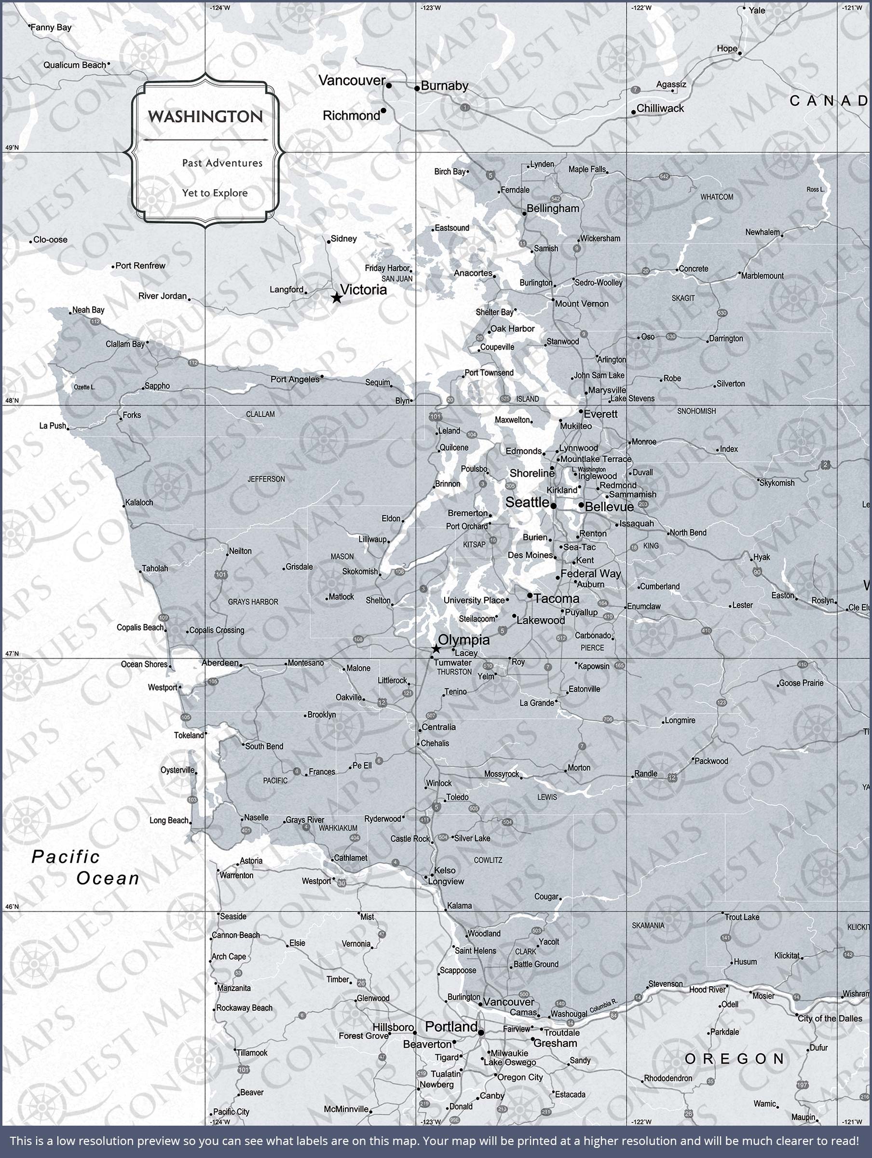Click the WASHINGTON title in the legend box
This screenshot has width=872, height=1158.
click(x=205, y=116)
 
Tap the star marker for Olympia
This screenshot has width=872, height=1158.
click(x=436, y=649)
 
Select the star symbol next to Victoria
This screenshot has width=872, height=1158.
click(x=337, y=298)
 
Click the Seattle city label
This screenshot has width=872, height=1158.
click(x=527, y=503)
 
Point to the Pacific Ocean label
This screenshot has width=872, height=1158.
click(x=85, y=868)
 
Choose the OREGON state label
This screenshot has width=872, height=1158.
click(x=735, y=1059)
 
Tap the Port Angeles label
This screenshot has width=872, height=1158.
click(x=295, y=379)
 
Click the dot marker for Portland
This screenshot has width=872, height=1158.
click(x=481, y=1033)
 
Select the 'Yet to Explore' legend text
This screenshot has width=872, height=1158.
click(x=215, y=193)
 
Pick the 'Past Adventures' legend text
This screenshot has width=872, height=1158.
click(x=222, y=163)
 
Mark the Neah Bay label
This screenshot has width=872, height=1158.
click(x=88, y=310)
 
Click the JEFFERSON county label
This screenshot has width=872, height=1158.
click(x=266, y=479)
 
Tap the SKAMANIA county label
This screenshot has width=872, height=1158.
click(x=648, y=925)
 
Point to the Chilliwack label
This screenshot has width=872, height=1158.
click(x=660, y=109)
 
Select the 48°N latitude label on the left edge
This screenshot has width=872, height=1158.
click(x=12, y=400)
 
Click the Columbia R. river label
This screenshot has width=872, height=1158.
click(x=603, y=1006)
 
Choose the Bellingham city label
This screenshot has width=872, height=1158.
click(x=553, y=208)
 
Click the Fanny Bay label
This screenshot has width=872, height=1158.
click(x=51, y=27)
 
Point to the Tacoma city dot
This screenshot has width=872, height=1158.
click(x=530, y=596)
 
